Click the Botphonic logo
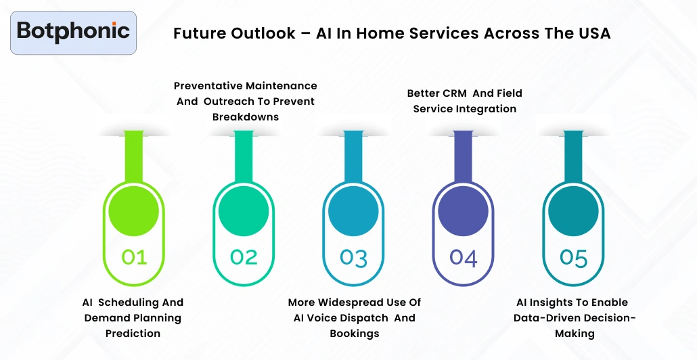click(x=73, y=32)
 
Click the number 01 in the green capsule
click(x=133, y=257)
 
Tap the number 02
click(x=244, y=257)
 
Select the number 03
click(x=353, y=258)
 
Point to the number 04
click(x=464, y=258)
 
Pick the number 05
click(x=573, y=258)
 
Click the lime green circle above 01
click(x=134, y=211)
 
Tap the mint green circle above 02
click(x=244, y=211)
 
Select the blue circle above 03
click(x=353, y=211)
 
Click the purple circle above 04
click(x=464, y=211)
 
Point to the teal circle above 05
click(x=573, y=211)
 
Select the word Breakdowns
click(x=245, y=117)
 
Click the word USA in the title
click(x=593, y=33)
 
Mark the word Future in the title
click(x=197, y=33)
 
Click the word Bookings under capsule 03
click(x=354, y=334)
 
